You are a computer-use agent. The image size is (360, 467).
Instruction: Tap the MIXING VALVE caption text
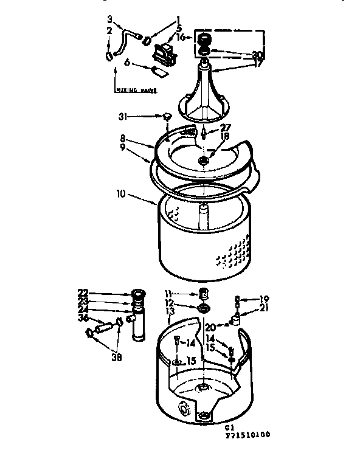tap(136, 90)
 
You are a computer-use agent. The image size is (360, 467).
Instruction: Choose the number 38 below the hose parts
tap(116, 358)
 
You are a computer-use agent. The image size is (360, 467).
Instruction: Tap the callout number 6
tap(127, 62)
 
